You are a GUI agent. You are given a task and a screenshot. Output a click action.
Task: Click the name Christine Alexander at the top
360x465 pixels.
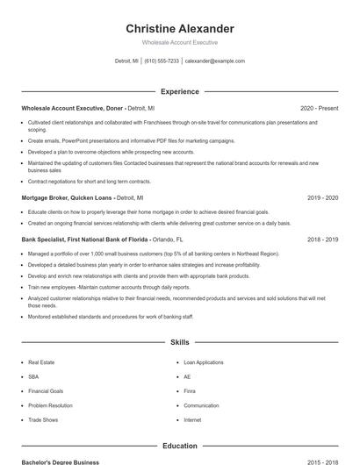pyautogui.click(x=179, y=28)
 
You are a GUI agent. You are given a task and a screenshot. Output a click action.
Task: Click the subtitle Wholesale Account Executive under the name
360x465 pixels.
pyautogui.click(x=179, y=42)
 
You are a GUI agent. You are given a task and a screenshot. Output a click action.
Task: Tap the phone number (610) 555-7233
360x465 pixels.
pyautogui.click(x=161, y=61)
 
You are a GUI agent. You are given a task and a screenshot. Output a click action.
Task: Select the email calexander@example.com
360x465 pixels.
pyautogui.click(x=215, y=61)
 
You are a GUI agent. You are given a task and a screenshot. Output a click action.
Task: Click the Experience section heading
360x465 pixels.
pyautogui.click(x=179, y=91)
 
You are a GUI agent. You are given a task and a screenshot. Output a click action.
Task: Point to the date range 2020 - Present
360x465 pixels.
pyautogui.click(x=319, y=108)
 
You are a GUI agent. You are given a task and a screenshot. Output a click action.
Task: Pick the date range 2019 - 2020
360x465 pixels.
pyautogui.click(x=322, y=198)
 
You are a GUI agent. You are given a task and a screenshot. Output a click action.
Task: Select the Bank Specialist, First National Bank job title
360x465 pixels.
pyautogui.click(x=84, y=240)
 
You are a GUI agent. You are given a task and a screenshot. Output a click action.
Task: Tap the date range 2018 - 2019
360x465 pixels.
pyautogui.click(x=322, y=240)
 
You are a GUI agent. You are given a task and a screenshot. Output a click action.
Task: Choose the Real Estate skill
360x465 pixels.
pyautogui.click(x=41, y=361)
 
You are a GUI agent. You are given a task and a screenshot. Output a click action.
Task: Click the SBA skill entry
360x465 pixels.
pyautogui.click(x=34, y=376)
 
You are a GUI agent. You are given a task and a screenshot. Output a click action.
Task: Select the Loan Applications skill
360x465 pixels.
pyautogui.click(x=204, y=361)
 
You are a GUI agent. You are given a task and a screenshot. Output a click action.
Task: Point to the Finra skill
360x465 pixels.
pyautogui.click(x=190, y=391)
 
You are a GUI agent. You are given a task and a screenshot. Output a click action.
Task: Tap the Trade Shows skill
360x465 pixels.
pyautogui.click(x=42, y=420)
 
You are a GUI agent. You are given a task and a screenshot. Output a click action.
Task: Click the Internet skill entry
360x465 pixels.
pyautogui.click(x=192, y=420)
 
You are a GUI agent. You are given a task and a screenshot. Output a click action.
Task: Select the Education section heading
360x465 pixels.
pyautogui.click(x=179, y=446)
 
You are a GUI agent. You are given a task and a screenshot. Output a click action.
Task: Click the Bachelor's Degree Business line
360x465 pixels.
pyautogui.click(x=61, y=461)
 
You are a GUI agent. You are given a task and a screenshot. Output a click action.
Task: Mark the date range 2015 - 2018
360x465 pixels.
pyautogui.click(x=322, y=461)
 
